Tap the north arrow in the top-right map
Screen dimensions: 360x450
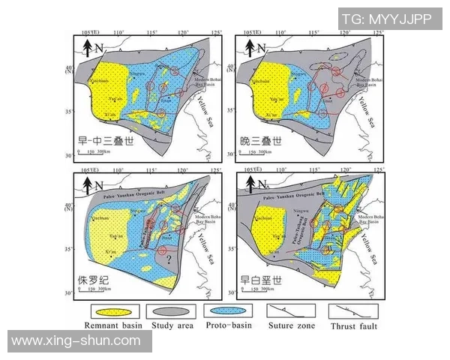[247, 49]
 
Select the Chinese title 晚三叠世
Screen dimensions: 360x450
[259, 141]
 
